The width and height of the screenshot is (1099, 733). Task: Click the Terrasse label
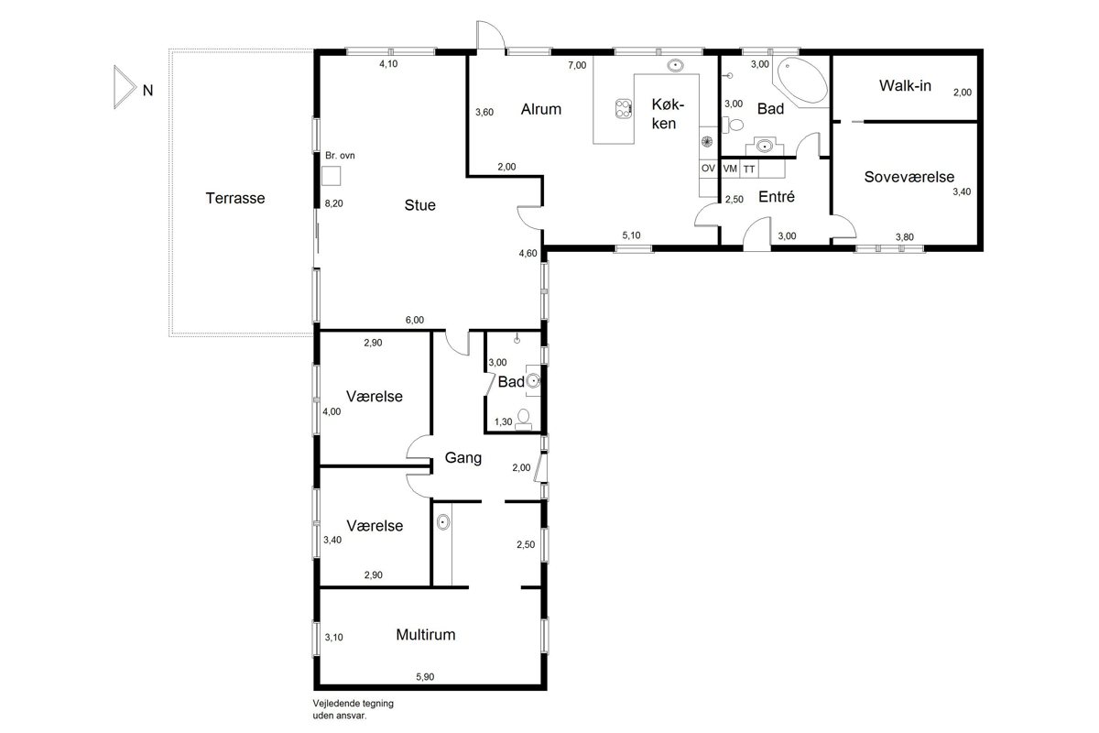tap(235, 198)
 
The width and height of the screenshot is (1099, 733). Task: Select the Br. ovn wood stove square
tap(331, 176)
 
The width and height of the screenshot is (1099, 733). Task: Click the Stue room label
tap(420, 204)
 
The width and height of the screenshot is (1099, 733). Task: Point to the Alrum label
tap(540, 109)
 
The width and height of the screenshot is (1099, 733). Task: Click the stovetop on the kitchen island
tap(623, 108)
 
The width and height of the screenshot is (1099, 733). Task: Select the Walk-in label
tap(905, 85)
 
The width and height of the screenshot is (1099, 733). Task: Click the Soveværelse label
tap(909, 177)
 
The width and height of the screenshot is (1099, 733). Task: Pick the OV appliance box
tap(708, 169)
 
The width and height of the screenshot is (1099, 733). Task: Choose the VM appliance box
tap(730, 169)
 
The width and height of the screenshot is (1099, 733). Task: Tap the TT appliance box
tap(749, 169)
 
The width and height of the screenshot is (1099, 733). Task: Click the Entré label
tap(777, 196)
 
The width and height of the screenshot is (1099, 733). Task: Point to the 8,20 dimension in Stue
tap(333, 203)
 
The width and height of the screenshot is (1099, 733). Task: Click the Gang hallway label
tap(463, 458)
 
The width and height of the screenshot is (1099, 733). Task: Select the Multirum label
tap(425, 635)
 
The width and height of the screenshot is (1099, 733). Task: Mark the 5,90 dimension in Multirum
tap(425, 676)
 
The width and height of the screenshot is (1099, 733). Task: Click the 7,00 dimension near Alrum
tap(577, 65)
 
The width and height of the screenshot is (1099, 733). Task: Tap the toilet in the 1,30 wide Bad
tap(524, 419)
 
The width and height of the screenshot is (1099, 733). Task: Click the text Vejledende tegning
tap(354, 703)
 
